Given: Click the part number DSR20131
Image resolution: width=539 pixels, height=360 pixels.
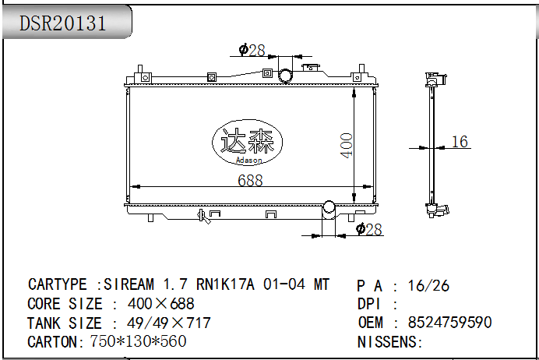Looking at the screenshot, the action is point(62,23).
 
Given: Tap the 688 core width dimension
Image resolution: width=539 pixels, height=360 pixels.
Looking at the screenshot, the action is point(250,180).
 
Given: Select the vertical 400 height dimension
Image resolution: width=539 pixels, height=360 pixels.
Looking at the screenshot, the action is point(346,146).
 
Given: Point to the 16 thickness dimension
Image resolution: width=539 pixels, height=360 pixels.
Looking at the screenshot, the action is point(460,141).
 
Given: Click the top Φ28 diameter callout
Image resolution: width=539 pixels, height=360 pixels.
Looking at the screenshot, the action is point(252,50).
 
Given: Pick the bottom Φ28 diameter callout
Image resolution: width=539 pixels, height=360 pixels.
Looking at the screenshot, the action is point(369,229).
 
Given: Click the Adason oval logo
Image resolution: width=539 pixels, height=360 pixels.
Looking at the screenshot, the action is point(248,142).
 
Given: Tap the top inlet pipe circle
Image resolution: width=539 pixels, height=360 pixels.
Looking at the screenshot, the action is point(285,76).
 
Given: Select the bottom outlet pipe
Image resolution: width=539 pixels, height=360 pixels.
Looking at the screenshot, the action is point(329,210).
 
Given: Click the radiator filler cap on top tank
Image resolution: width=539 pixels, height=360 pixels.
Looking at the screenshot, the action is point(311,67).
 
